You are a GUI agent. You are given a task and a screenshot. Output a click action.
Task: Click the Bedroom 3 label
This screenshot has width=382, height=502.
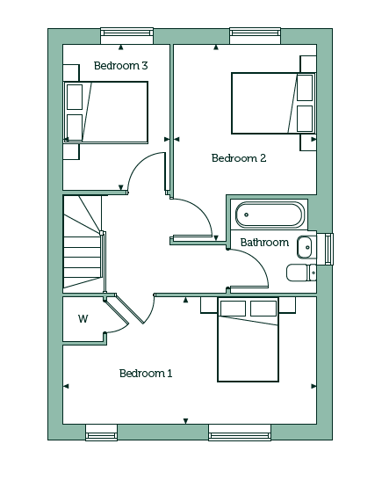click(x=121, y=66)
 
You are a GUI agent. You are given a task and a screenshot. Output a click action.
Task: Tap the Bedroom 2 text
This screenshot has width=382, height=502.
click(x=239, y=158)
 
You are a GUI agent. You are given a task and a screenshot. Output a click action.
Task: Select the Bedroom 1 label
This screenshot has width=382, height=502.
click(x=146, y=374)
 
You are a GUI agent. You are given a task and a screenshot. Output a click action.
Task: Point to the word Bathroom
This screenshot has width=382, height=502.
click(x=264, y=243)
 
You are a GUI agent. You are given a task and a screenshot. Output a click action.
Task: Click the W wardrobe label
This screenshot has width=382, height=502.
click(x=83, y=319)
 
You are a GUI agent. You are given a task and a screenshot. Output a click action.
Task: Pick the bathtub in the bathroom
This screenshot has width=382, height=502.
click(x=270, y=215)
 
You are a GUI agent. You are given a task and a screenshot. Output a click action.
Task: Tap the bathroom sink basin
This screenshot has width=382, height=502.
click(x=305, y=247)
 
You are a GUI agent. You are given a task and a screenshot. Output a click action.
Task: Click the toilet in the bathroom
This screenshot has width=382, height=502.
click(x=301, y=273)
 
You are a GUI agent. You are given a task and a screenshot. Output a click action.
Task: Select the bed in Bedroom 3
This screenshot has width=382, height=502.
click(x=105, y=112)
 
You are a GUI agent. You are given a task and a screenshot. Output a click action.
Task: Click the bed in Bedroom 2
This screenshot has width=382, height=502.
click(x=273, y=103)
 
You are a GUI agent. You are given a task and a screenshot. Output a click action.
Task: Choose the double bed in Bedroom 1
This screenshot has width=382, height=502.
click(x=248, y=339)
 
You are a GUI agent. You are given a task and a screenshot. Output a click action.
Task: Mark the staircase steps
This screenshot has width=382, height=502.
click(x=83, y=243)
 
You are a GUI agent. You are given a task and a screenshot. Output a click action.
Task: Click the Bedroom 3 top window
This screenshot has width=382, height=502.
click(x=127, y=35)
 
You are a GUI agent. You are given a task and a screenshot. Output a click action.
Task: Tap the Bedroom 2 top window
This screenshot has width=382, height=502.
click(x=255, y=35)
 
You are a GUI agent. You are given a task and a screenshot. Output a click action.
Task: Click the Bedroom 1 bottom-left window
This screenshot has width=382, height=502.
click(x=102, y=433)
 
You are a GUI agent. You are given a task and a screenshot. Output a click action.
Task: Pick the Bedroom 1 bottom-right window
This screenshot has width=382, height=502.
click(x=240, y=433)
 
